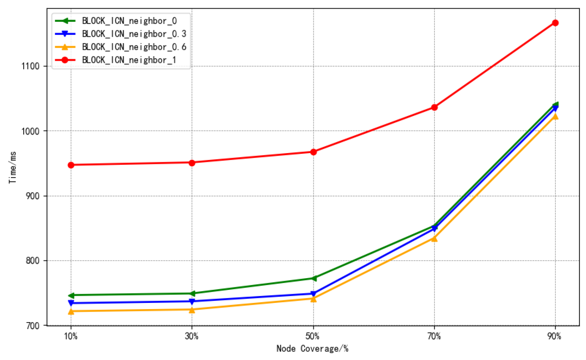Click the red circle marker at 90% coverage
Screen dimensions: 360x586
point(555,23)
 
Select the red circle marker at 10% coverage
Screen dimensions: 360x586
point(71,165)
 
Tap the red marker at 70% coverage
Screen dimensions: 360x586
point(434,107)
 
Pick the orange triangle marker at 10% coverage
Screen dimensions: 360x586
point(71,311)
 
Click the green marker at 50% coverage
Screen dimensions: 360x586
point(313,279)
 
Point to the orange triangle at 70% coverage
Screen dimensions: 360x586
point(434,239)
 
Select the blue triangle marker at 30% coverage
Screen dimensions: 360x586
point(192,301)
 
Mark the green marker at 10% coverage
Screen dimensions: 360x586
point(71,295)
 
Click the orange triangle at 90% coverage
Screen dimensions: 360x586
point(555,116)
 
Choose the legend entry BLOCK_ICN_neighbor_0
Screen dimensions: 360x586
point(129,21)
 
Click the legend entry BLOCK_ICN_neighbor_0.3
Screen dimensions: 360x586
point(134,34)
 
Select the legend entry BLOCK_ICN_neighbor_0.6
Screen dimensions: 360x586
point(134,47)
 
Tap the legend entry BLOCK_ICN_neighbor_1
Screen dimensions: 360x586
point(129,60)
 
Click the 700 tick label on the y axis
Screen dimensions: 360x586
point(33,325)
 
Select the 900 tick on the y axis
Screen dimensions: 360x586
point(33,196)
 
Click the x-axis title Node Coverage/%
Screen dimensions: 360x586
point(312,349)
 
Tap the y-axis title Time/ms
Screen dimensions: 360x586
point(13,167)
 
